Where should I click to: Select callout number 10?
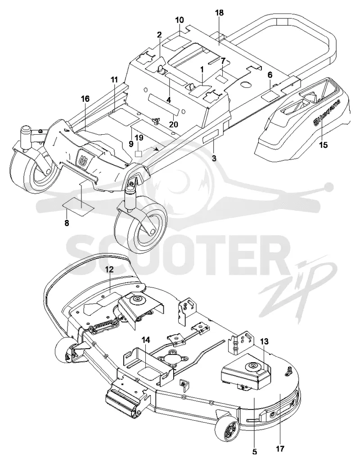point(180,20)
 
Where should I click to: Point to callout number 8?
point(67,223)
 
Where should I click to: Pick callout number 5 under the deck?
point(255,452)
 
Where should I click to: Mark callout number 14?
point(145,340)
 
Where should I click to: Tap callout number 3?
point(214,158)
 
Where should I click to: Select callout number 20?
point(174,124)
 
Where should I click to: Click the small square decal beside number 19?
point(139,154)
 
